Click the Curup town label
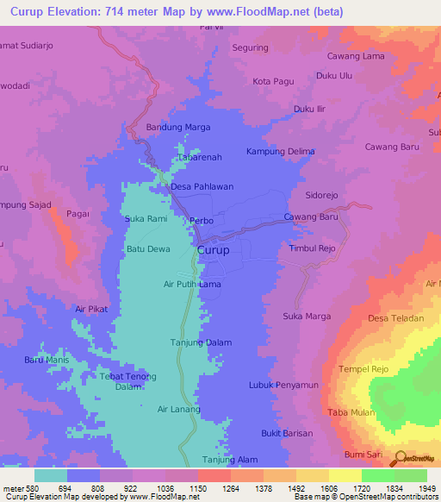pyautogui.click(x=213, y=251)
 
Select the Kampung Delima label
pyautogui.click(x=280, y=152)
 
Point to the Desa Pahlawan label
pyautogui.click(x=202, y=186)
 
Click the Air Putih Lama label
pyautogui.click(x=192, y=284)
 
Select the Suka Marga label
pyautogui.click(x=307, y=317)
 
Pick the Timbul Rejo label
pyautogui.click(x=312, y=248)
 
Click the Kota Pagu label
pyautogui.click(x=274, y=81)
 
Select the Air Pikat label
pyautogui.click(x=92, y=309)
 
